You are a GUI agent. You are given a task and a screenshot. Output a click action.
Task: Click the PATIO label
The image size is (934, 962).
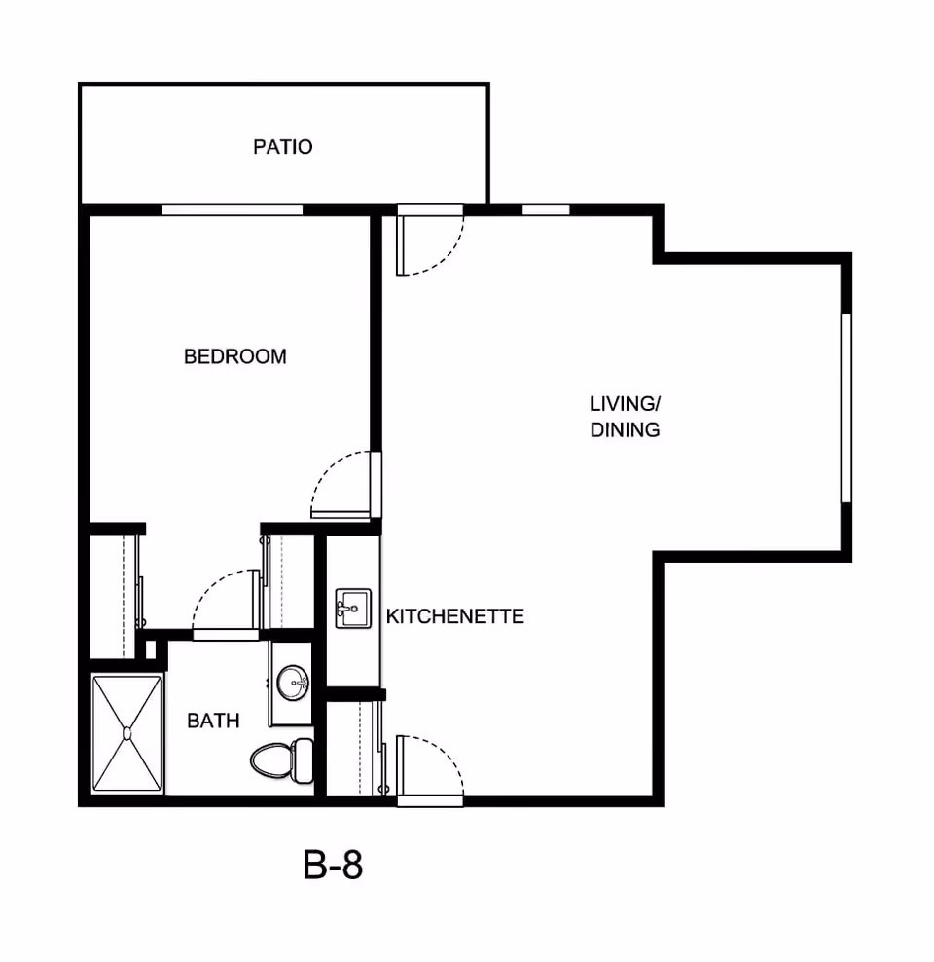[282, 147]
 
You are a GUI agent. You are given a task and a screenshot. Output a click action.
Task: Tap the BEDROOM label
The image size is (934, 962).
[235, 356]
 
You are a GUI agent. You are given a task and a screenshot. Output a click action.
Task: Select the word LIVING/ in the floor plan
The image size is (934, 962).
[626, 404]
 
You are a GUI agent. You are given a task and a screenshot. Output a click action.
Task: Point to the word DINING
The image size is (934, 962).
[626, 430]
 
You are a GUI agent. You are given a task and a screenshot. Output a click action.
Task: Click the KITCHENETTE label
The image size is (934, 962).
[454, 616]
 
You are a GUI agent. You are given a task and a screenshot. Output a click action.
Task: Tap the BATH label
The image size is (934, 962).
[213, 721]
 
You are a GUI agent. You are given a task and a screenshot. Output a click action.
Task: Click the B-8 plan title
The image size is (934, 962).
[333, 865]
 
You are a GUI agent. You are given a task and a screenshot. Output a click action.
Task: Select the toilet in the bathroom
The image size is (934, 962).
[282, 760]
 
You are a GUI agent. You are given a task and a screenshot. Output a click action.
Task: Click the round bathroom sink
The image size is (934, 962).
[292, 683]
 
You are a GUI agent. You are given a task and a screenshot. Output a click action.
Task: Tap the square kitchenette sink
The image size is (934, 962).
[353, 609]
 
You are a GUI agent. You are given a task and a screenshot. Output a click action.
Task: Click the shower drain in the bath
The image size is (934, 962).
[126, 733]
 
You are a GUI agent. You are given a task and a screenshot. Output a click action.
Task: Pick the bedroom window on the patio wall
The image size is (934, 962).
[232, 210]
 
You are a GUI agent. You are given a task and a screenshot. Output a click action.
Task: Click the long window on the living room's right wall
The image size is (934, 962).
[845, 408]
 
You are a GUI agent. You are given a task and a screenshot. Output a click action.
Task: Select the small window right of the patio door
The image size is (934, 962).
[546, 210]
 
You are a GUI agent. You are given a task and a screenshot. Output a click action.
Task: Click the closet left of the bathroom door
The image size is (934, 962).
[115, 596]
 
